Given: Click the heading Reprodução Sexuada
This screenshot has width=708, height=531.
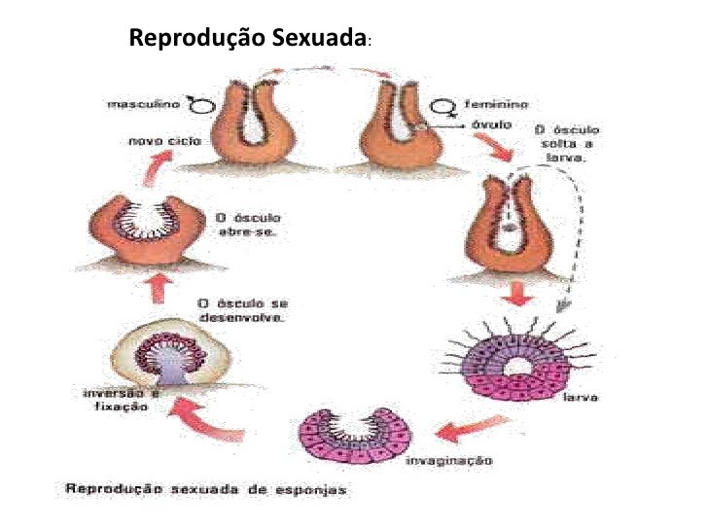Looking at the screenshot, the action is click(249, 40).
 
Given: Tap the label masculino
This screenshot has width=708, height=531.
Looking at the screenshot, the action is click(138, 102).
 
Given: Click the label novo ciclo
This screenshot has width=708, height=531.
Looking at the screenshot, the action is click(159, 140).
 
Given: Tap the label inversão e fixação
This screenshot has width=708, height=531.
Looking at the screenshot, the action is click(116, 399).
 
